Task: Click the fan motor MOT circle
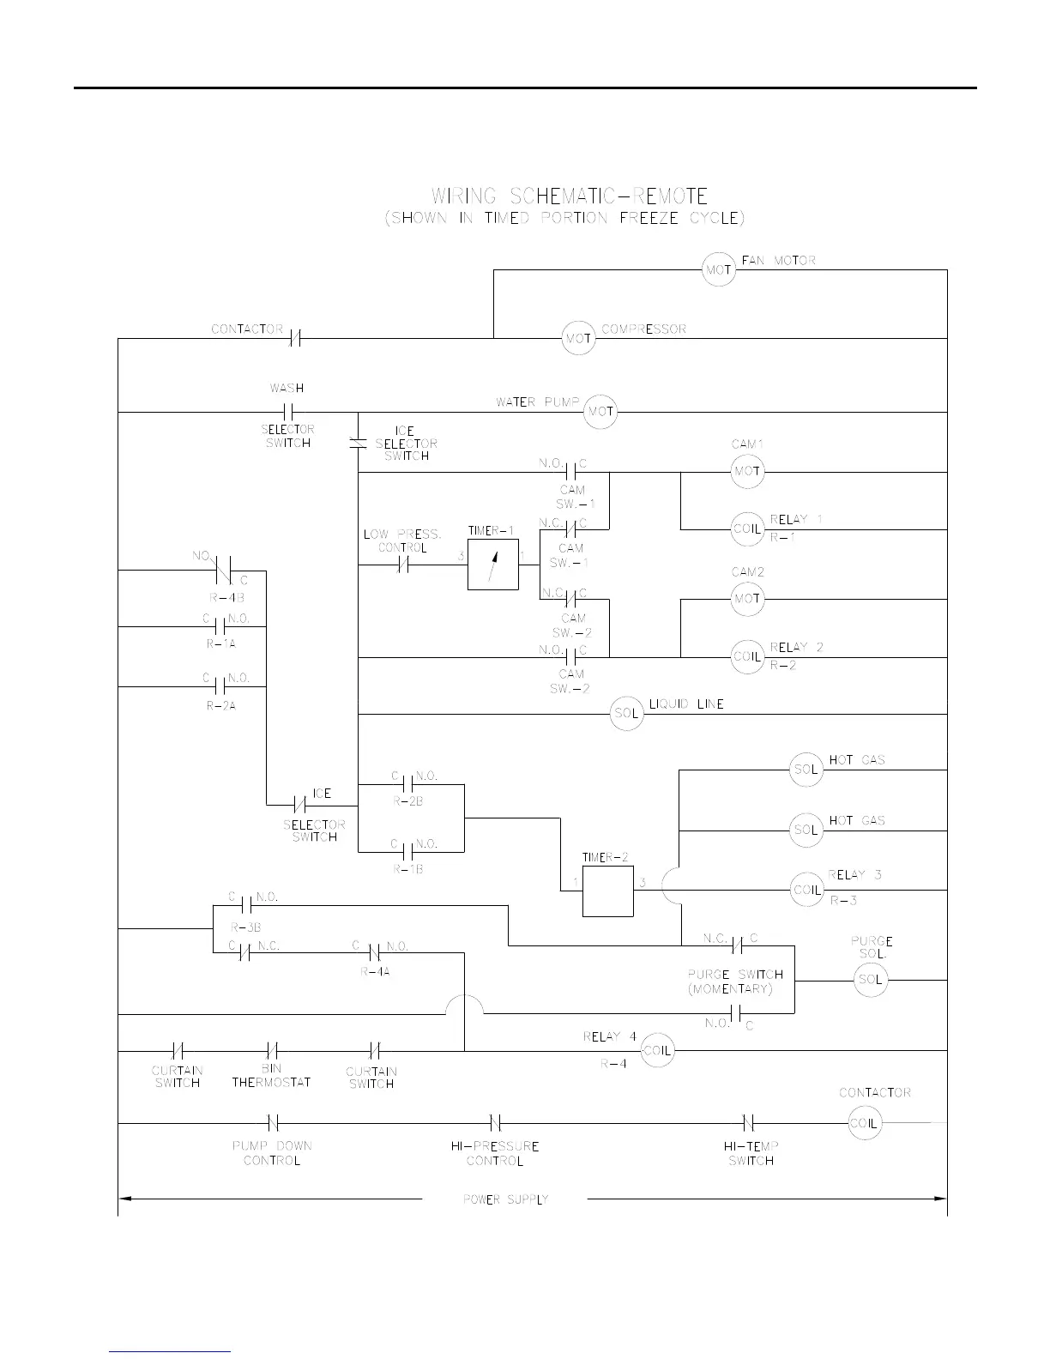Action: [x=719, y=270]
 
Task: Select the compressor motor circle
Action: [x=578, y=339]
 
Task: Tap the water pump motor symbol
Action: [x=600, y=412]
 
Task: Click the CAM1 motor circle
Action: [x=747, y=472]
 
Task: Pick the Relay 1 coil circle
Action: [x=747, y=529]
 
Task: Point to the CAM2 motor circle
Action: [x=747, y=599]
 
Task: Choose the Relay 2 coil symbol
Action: [x=747, y=657]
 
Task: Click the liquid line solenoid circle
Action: [x=627, y=714]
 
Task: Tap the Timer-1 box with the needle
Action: [x=493, y=565]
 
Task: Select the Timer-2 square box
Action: [x=608, y=891]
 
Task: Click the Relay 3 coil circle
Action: [x=806, y=891]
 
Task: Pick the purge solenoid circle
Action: [x=870, y=980]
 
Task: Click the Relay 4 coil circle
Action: [x=658, y=1050]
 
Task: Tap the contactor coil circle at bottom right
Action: [x=864, y=1123]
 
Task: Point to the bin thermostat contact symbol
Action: [x=271, y=1050]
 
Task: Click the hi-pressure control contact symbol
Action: [x=495, y=1123]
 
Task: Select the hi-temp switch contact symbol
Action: [x=747, y=1123]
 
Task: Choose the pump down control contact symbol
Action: [x=271, y=1123]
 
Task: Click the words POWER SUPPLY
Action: [x=505, y=1199]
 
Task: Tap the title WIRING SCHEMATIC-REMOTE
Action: [x=570, y=197]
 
